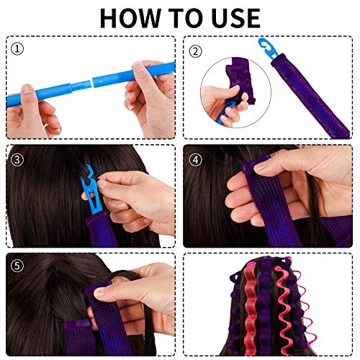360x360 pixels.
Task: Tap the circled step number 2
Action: pos(195,50)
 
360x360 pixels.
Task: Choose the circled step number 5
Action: pos(18,264)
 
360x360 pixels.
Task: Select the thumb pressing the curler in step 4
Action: pos(256,189)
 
